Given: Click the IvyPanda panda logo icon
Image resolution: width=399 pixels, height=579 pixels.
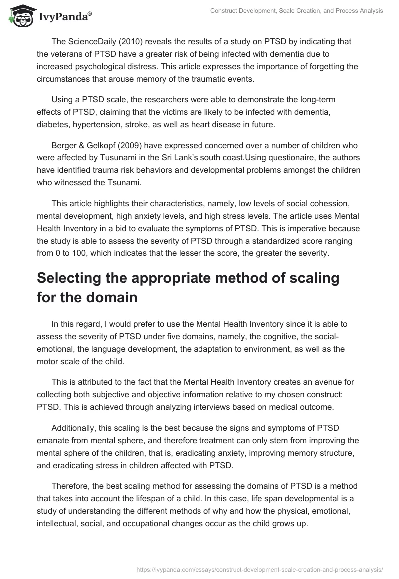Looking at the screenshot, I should coord(20,16).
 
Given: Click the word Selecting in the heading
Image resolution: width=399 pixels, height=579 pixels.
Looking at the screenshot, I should coord(72,278).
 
